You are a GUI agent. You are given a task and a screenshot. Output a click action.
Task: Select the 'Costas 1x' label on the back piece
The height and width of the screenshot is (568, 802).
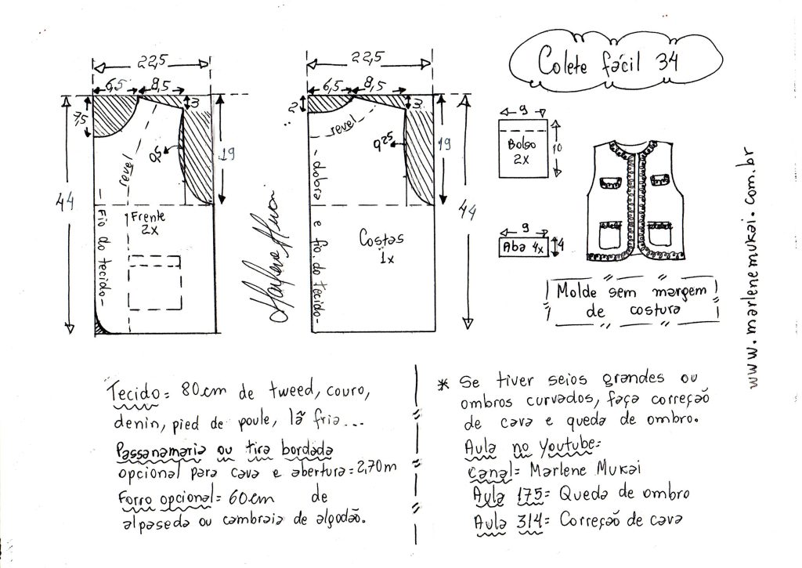378,244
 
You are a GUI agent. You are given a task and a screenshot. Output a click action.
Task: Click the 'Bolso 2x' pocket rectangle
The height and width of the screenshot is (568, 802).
522,150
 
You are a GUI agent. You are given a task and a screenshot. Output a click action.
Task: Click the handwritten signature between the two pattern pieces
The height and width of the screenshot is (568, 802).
276,259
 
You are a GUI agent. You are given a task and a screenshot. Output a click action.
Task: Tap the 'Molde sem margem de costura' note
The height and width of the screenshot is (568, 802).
632,301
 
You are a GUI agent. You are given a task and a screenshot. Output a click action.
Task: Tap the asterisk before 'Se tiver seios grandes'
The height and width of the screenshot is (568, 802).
443,383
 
